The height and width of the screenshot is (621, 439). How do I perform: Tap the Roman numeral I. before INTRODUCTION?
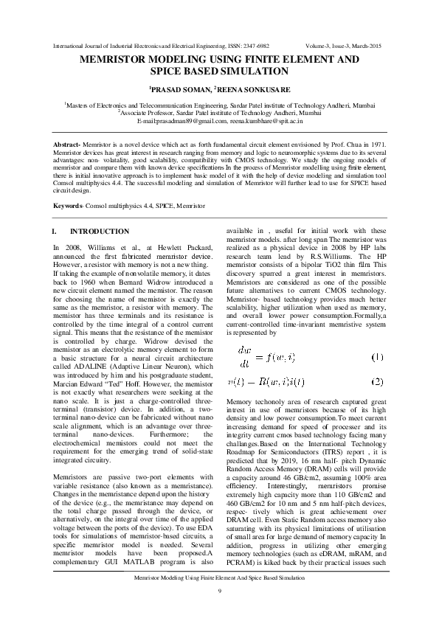(x=59, y=232)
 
